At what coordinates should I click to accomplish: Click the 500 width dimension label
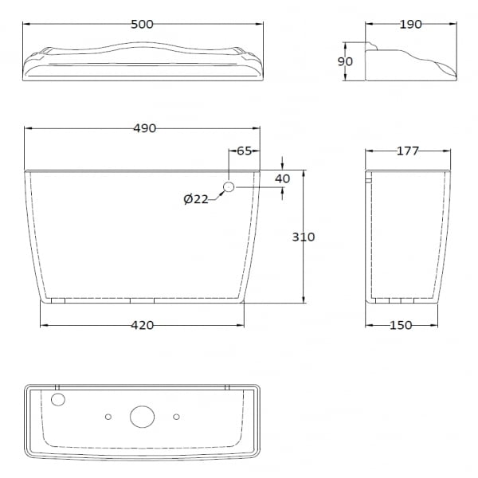pos(142,25)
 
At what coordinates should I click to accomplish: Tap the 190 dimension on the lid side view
pos(410,25)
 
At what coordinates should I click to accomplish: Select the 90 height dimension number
pos(345,61)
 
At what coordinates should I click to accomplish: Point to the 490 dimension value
pos(145,128)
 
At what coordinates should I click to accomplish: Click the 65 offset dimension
pos(245,151)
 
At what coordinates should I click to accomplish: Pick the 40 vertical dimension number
pos(282,178)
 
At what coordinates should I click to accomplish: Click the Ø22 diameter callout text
pos(196,199)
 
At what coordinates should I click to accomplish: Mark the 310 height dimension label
pos(304,237)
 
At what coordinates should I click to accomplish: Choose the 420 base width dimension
pos(143,325)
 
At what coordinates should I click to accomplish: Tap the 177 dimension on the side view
pos(408,151)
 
